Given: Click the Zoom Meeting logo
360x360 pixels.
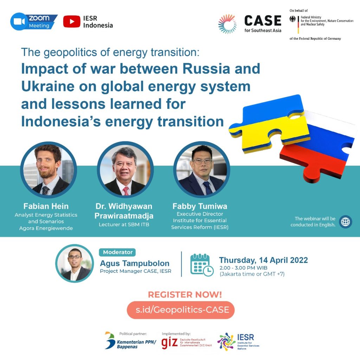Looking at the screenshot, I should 34,22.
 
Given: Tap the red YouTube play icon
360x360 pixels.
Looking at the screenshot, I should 71,22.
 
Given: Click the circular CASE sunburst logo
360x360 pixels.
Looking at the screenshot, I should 227,24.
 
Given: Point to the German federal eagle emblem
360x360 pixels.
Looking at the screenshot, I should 292,19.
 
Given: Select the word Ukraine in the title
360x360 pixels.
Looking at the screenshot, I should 44,86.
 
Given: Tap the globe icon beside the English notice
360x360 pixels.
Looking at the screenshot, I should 346,222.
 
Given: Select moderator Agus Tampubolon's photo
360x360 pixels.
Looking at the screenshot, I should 75,263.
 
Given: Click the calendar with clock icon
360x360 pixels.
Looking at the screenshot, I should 201,265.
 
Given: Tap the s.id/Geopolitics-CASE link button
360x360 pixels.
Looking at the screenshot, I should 180,310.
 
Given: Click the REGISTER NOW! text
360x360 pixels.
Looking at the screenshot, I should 180,294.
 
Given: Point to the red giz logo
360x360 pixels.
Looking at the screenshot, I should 169,341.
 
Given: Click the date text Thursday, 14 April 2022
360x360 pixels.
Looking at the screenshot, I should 263,260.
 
